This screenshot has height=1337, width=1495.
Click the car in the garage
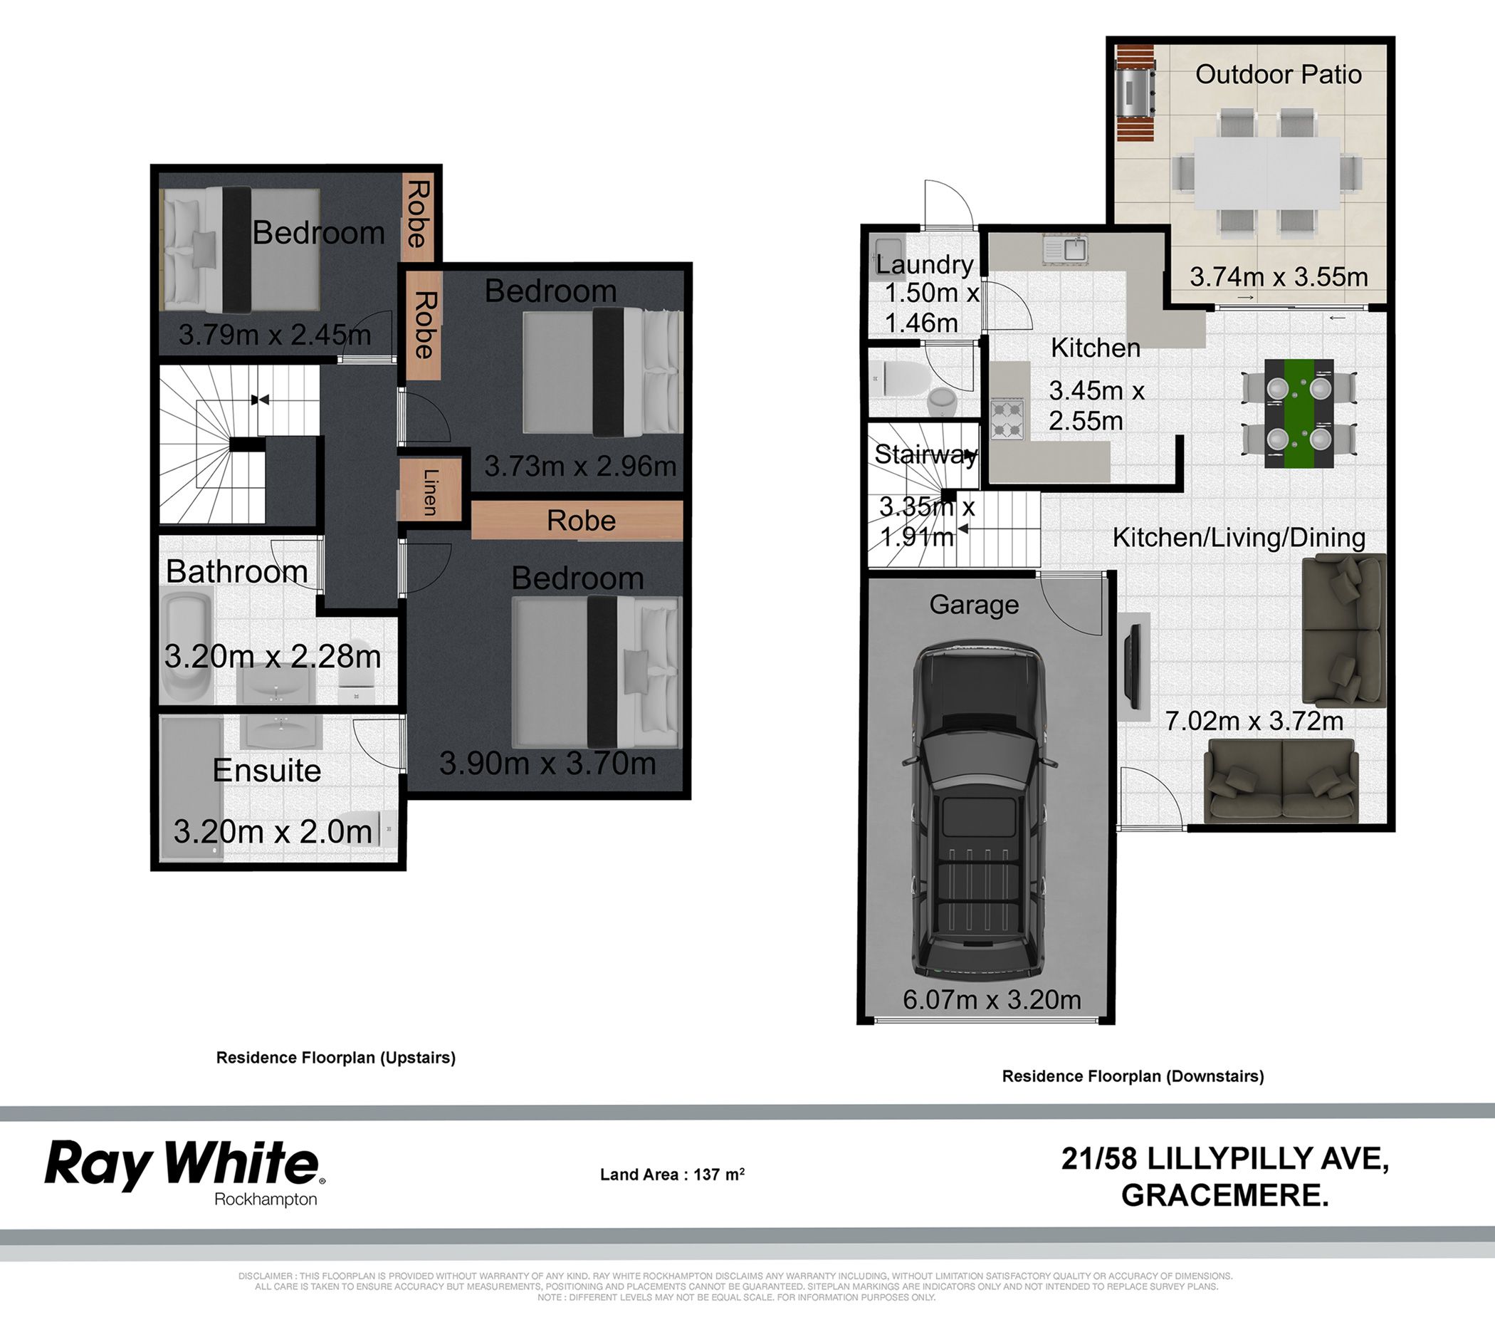[978, 808]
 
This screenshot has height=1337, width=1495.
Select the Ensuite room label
[266, 771]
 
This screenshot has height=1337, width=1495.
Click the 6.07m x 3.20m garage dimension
[991, 1000]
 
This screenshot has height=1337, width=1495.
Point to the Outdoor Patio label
[1279, 74]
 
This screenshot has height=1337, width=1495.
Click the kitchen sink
[1065, 251]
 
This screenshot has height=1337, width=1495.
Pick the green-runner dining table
[1299, 414]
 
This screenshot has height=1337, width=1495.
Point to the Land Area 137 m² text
[672, 1174]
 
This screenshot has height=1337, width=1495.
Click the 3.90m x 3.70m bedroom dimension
[547, 764]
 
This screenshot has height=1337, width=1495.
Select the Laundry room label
[925, 264]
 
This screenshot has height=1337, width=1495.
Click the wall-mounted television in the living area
[1135, 667]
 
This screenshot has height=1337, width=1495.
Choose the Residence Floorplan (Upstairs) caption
[335, 1057]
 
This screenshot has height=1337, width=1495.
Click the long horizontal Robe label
[581, 520]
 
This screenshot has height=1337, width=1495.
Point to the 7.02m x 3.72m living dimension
[1254, 721]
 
